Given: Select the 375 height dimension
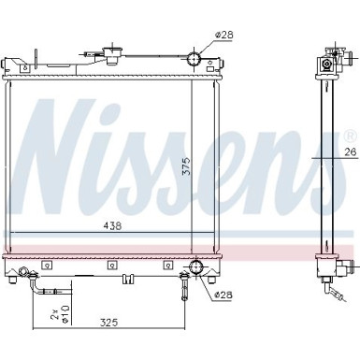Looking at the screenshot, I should [x=187, y=166].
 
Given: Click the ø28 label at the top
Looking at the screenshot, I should [x=224, y=35].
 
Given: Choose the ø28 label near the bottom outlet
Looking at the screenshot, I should [x=224, y=296].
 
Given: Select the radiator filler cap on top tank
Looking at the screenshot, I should [x=120, y=53].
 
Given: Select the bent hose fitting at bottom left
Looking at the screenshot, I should [x=37, y=281].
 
